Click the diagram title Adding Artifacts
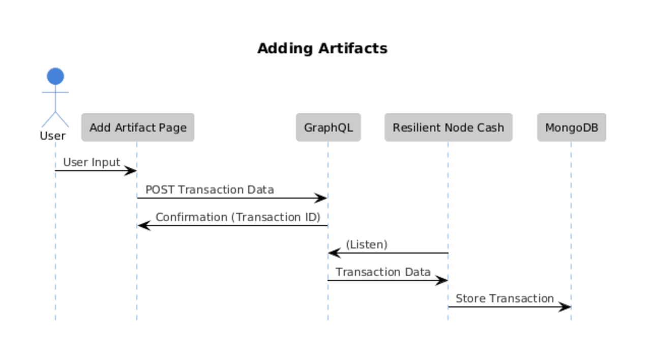coord(322,48)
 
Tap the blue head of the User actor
coord(55,76)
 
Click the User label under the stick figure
coord(53,136)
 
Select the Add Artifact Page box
coord(138,128)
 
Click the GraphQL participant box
coord(329,128)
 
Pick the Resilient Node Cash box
coord(449,128)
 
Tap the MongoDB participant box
coord(572,128)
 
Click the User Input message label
coord(92,162)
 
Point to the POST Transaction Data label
coord(210,190)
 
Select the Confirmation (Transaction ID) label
coord(238,217)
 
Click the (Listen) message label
coord(367,245)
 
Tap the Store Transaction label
coord(504,298)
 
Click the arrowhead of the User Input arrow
coord(131,171)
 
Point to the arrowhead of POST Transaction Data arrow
coord(321,198)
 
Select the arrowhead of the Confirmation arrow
coord(144,226)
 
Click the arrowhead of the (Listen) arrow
coord(334,253)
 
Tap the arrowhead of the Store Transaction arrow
coord(565,307)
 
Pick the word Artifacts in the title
coord(353,48)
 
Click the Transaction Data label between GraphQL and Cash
coord(383,272)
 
